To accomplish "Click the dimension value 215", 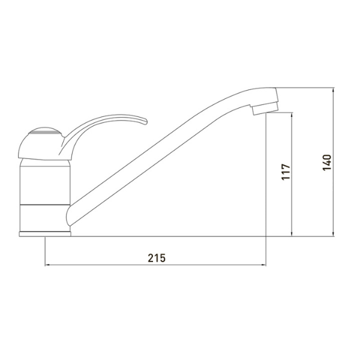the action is tap(157, 258).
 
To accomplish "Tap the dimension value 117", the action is tap(286, 172).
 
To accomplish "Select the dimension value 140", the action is tap(327, 163).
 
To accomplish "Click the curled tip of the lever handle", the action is tap(145, 121).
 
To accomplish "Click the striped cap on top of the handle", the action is tap(45, 131).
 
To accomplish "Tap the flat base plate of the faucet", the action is tap(45, 234).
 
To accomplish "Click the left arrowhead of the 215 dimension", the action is tap(47, 265).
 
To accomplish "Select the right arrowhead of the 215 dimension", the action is tap(263, 265).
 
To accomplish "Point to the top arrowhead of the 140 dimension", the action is tap(334, 90).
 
